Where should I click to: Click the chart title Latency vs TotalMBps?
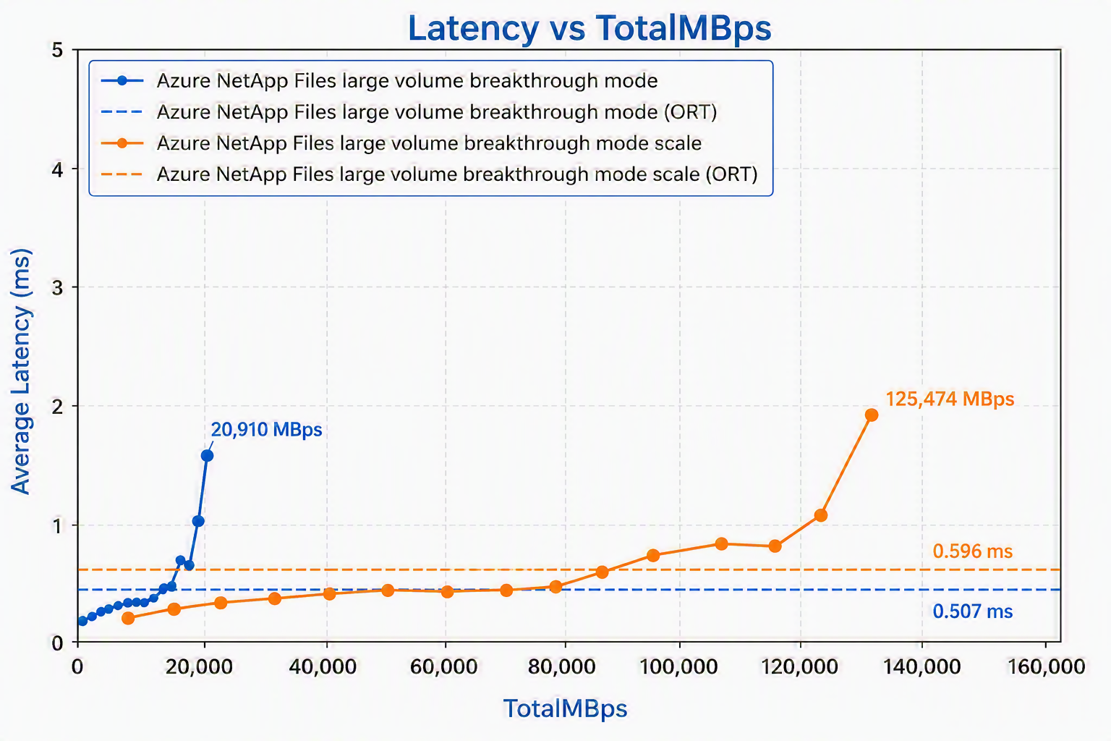[x=589, y=28]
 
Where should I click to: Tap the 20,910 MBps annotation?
[x=266, y=429]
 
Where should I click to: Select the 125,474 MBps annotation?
[x=950, y=399]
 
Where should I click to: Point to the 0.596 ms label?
[x=973, y=551]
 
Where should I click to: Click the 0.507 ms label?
[x=973, y=611]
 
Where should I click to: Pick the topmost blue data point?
[x=208, y=456]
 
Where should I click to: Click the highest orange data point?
[x=872, y=415]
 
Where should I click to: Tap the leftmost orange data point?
[x=128, y=618]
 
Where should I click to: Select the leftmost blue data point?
[x=82, y=621]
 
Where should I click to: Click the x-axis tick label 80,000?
[x=561, y=666]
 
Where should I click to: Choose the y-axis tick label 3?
[x=58, y=287]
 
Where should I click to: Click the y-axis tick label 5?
[x=58, y=50]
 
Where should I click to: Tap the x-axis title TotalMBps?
[x=566, y=708]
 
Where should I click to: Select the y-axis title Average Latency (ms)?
[x=21, y=371]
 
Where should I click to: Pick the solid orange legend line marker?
[x=122, y=143]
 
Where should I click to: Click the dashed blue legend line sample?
[x=122, y=112]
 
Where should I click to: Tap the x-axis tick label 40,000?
[x=323, y=666]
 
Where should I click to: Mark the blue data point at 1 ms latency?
[x=198, y=520]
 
